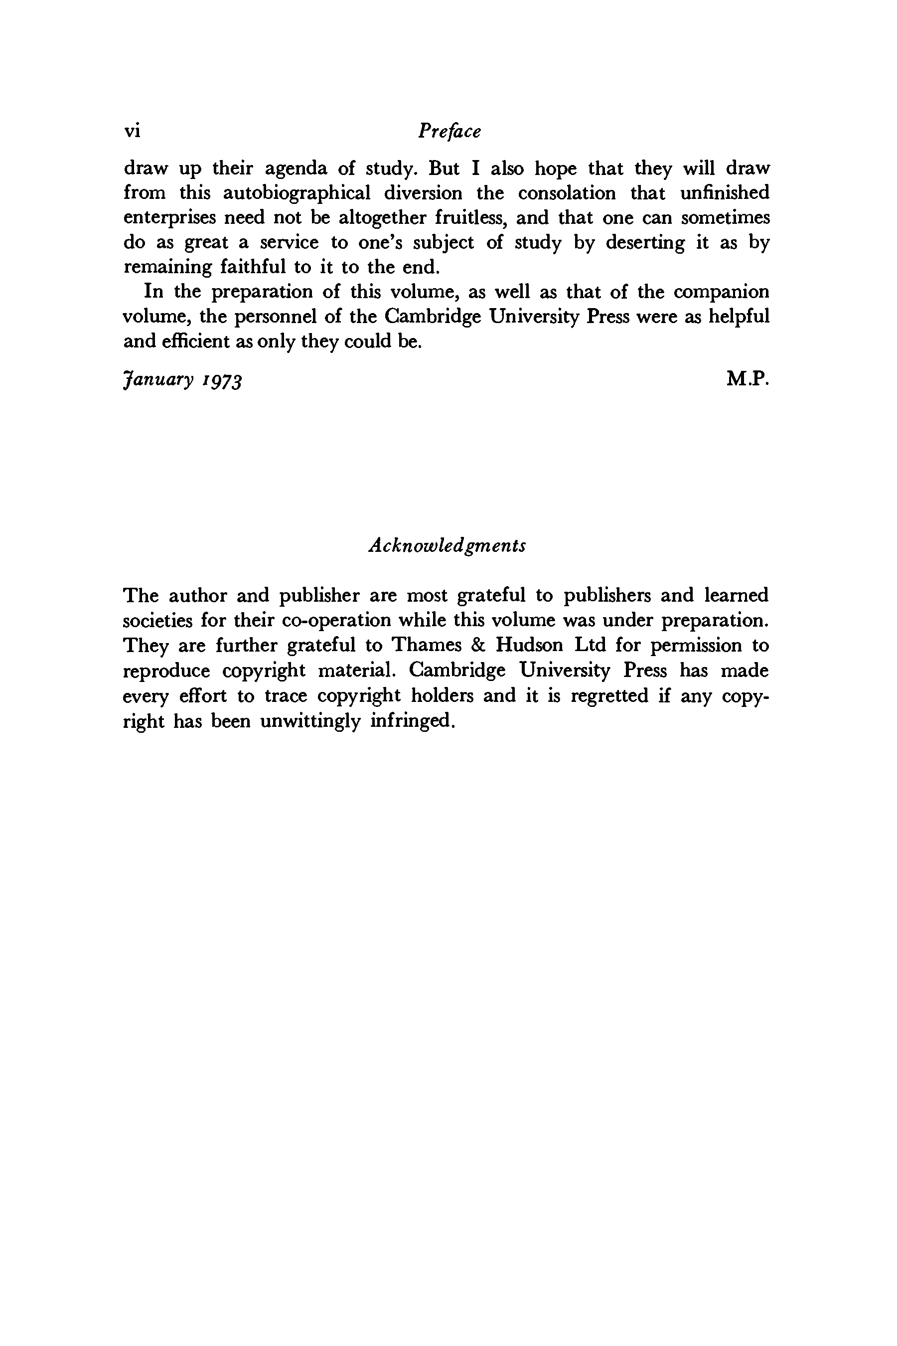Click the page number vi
[x=132, y=131]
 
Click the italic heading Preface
[x=449, y=131]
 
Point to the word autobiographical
[x=297, y=193]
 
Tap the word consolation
[x=567, y=193]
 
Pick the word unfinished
[x=725, y=193]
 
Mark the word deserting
[x=645, y=243]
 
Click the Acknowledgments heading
[x=448, y=545]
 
